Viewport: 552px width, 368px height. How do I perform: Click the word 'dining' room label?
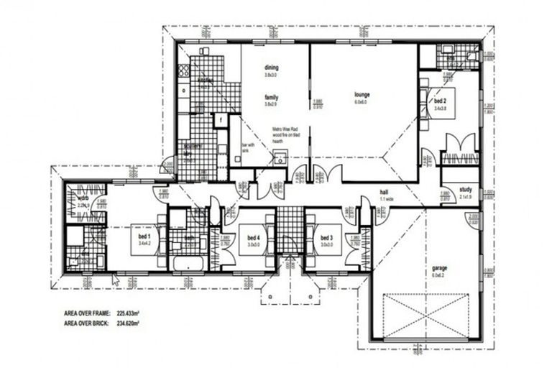pos(271,68)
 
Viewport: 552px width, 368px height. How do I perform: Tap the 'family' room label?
pos(271,96)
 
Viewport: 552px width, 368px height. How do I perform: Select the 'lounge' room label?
pos(362,93)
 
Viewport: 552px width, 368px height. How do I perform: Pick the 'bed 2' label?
pos(441,101)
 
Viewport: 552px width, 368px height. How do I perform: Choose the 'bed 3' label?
pos(327,237)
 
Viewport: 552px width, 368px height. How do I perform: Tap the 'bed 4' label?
pos(252,237)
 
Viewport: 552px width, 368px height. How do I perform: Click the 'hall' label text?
pos(384,193)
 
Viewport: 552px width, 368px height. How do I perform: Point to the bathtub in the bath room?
pos(188,264)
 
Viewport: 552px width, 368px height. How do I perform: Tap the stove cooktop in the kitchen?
pos(183,70)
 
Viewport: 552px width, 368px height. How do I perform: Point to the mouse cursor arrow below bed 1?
pos(116,279)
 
